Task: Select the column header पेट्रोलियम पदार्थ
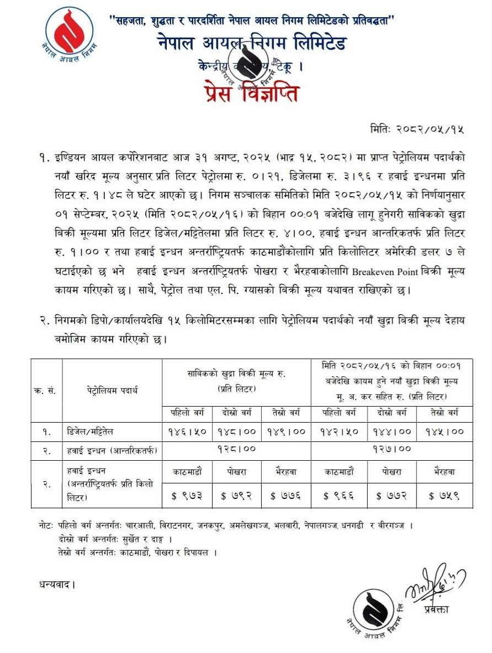[x=112, y=391]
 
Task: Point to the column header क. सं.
[x=47, y=391]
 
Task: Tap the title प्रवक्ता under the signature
[x=437, y=609]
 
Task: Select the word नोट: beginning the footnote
[x=43, y=526]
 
